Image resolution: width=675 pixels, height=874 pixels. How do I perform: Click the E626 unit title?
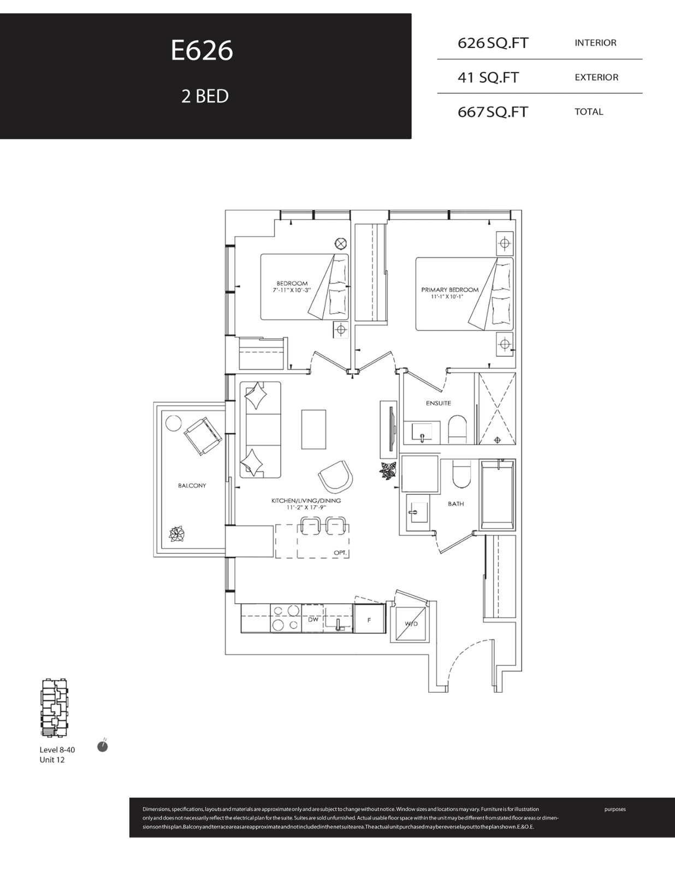click(202, 51)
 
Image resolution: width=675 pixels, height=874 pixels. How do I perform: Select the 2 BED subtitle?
click(205, 96)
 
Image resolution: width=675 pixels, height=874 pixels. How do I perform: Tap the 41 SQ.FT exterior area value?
click(488, 77)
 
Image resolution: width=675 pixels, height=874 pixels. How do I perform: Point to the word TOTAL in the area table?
click(589, 112)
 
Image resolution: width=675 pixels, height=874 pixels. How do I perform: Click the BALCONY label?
click(192, 486)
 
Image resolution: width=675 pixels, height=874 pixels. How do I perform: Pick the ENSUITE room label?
click(438, 403)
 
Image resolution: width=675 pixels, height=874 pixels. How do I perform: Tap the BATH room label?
click(456, 504)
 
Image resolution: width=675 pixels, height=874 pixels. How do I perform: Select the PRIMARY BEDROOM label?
click(450, 290)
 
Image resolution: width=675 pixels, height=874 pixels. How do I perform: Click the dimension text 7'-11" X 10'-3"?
click(292, 290)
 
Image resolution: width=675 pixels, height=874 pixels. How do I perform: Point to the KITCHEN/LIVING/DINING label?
click(306, 501)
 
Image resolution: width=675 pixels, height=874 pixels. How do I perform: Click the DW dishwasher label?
click(313, 620)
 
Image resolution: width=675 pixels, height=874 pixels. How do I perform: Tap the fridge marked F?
click(369, 619)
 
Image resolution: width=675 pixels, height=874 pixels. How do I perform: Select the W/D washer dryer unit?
click(411, 624)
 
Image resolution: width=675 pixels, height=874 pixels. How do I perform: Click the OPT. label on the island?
click(340, 553)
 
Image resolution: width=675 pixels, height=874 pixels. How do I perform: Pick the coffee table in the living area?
click(313, 429)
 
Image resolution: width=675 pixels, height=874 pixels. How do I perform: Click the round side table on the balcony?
click(173, 423)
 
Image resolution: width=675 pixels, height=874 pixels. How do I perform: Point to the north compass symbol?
click(103, 747)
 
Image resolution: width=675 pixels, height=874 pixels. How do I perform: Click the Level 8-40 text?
click(57, 749)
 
